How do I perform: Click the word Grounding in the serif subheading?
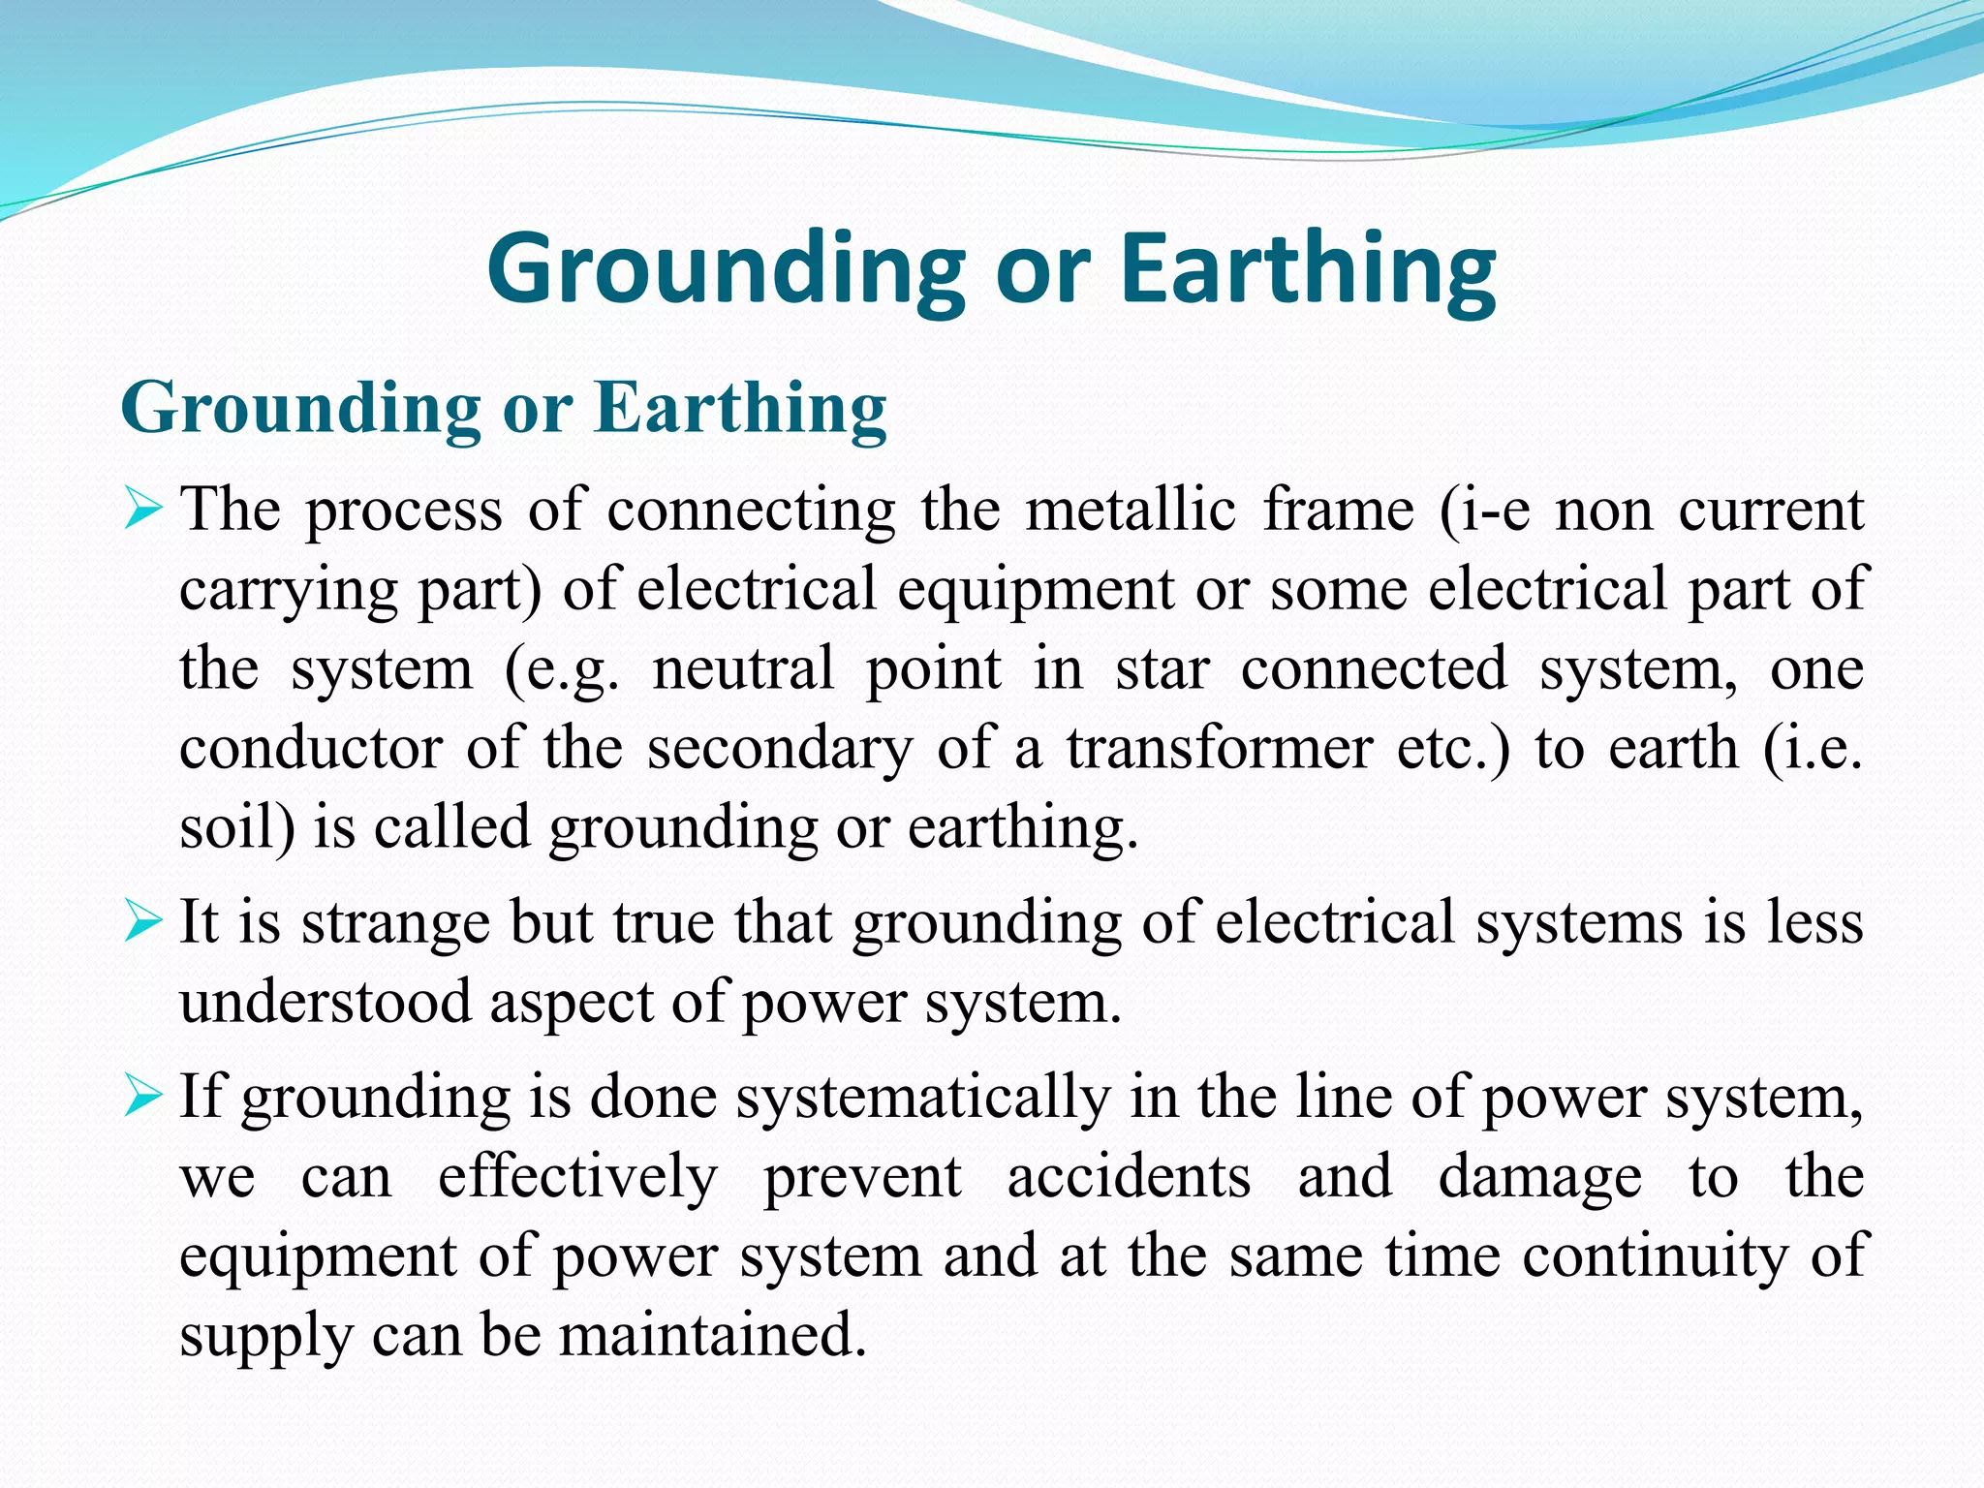(x=301, y=408)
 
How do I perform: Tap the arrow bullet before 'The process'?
(x=142, y=511)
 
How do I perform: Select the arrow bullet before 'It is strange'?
(x=142, y=922)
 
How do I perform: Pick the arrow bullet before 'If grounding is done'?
(x=142, y=1099)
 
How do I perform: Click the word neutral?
(x=743, y=668)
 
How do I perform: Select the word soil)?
(x=237, y=827)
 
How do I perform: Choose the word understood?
(x=325, y=1002)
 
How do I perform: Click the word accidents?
(x=1129, y=1177)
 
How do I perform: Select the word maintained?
(x=712, y=1335)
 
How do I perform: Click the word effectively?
(x=578, y=1178)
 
